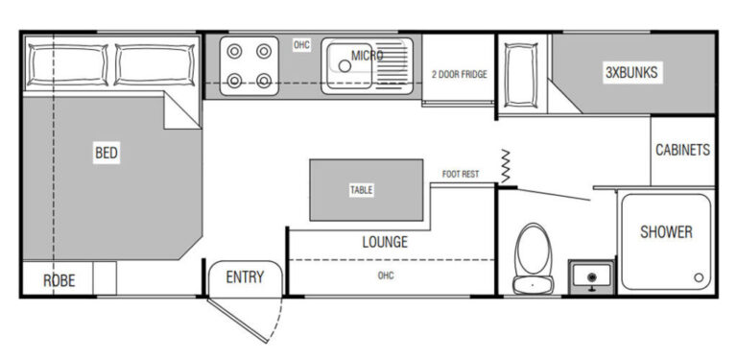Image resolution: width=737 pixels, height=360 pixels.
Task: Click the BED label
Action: click(x=107, y=153)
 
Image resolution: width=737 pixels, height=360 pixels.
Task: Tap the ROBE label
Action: click(x=59, y=280)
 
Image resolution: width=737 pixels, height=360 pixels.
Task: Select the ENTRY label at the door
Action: click(x=245, y=277)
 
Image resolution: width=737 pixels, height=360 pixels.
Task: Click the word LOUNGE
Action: click(x=385, y=242)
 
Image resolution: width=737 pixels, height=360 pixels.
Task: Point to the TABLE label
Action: click(x=362, y=190)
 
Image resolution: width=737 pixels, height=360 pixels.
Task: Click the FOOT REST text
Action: click(x=461, y=175)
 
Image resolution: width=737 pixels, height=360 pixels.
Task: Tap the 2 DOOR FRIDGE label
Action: click(x=460, y=74)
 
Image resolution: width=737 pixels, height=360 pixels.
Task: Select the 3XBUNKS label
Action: click(x=631, y=72)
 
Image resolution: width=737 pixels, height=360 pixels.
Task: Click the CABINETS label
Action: click(x=682, y=150)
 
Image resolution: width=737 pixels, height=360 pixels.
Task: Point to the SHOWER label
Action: click(x=666, y=231)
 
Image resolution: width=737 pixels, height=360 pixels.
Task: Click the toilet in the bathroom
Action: click(x=533, y=258)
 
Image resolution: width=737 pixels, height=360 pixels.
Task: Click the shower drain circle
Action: click(x=699, y=277)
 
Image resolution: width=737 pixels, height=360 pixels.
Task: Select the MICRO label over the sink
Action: click(x=367, y=56)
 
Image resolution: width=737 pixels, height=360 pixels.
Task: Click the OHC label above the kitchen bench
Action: click(x=301, y=45)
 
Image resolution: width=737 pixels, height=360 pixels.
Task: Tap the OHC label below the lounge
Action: click(x=386, y=276)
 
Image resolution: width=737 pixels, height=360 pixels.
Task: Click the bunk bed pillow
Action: click(x=521, y=75)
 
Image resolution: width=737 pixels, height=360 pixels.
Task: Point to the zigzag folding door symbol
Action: click(x=506, y=166)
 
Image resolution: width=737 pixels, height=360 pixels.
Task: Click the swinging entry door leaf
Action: click(x=238, y=320)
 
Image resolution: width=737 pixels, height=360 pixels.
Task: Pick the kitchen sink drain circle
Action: click(x=345, y=66)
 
